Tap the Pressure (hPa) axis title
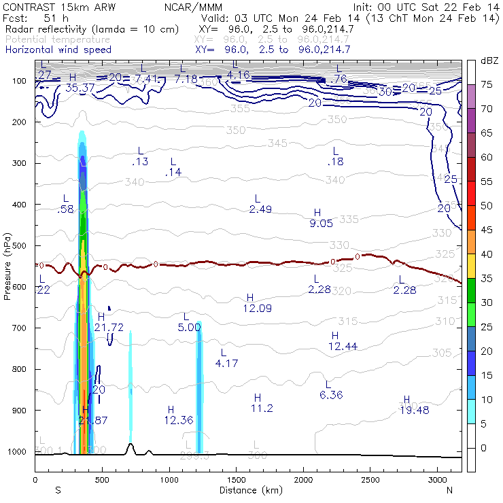(8, 266)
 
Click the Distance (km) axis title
(248, 489)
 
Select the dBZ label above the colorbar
(489, 61)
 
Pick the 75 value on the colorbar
(487, 84)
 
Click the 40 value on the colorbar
(487, 254)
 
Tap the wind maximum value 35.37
(80, 87)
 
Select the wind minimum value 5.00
(190, 327)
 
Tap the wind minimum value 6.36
(331, 394)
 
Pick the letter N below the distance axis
(449, 489)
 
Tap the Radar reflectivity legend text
(92, 29)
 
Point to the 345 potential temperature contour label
(277, 143)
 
